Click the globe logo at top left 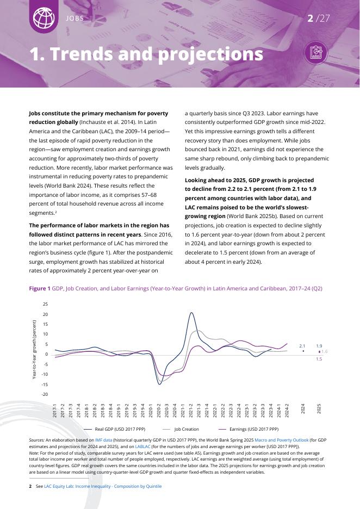[x=44, y=17]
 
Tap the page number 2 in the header [x=311, y=18]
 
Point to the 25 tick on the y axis [x=45, y=305]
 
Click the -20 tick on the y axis [x=45, y=394]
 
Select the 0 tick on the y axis [x=47, y=355]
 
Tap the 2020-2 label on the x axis [x=159, y=410]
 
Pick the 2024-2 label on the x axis [x=287, y=410]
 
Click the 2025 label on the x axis [x=319, y=408]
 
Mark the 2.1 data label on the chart [x=302, y=346]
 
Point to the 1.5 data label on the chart [x=319, y=359]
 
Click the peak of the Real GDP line [x=191, y=313]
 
